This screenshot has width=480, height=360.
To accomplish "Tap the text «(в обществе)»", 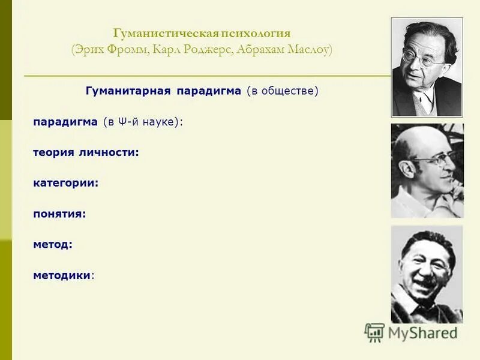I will coord(281,91).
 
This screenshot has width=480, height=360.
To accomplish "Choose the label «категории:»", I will coord(65,183).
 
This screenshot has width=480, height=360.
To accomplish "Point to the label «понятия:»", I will coord(59,214).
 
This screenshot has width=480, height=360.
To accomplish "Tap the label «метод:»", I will coord(53,244).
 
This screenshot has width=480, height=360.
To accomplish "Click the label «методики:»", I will coord(64,275).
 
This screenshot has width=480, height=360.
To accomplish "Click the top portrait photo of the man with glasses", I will coord(427,67).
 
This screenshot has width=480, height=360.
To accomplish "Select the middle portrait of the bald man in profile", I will coord(427,170).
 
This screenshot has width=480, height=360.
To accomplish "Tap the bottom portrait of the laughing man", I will coord(427,274).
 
